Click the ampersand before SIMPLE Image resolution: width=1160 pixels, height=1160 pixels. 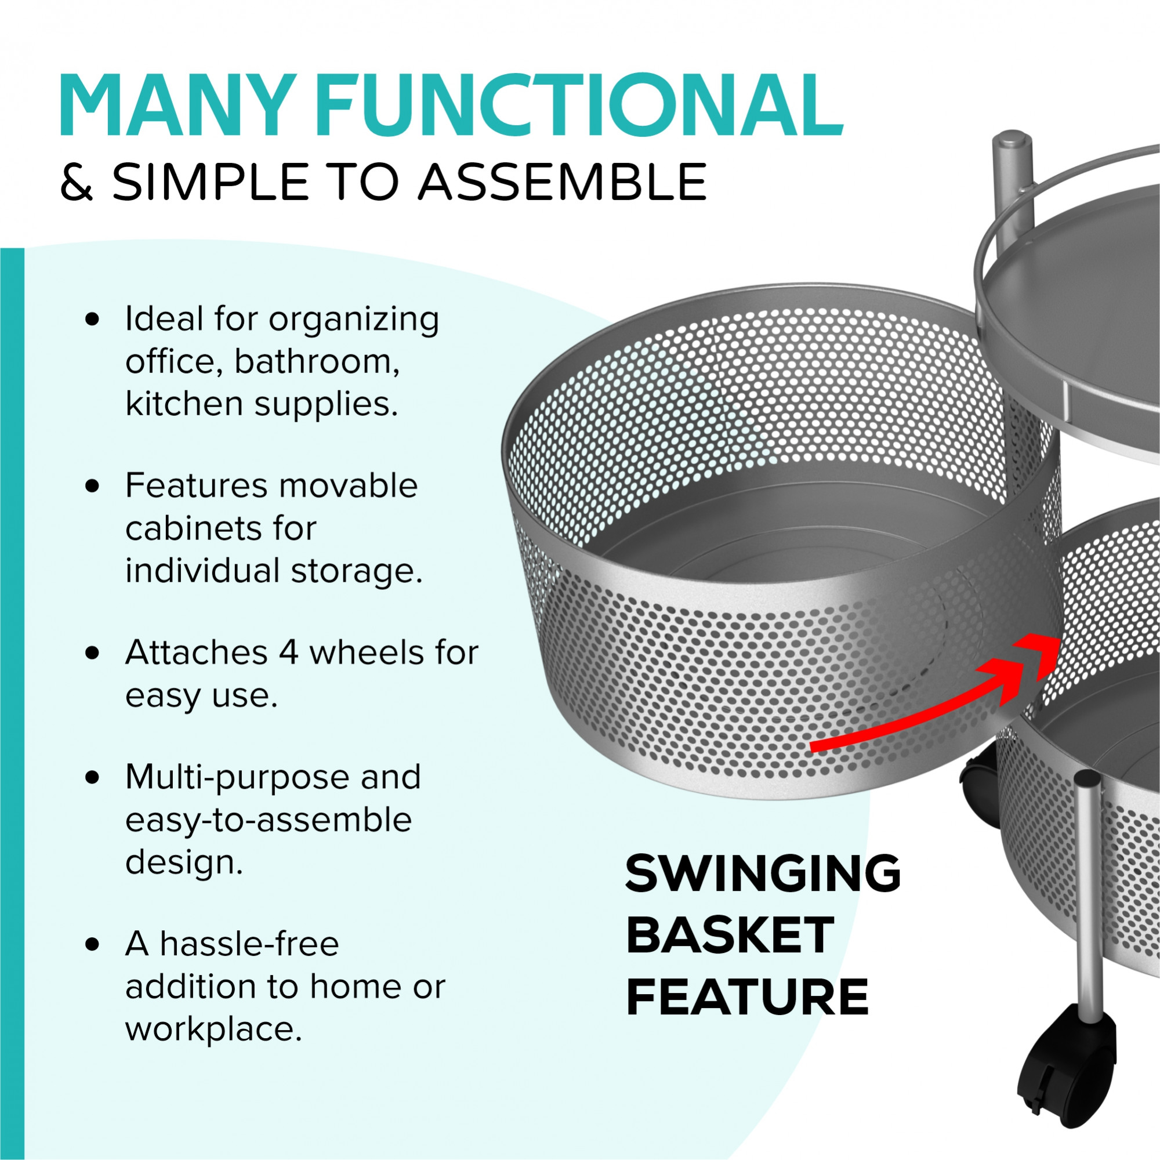[77, 182]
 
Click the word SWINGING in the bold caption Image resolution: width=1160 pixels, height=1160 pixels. [763, 873]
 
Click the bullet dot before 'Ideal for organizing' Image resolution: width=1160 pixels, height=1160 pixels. [92, 320]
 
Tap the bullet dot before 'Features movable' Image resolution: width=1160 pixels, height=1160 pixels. [92, 487]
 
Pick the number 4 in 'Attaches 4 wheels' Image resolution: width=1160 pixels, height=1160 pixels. [288, 652]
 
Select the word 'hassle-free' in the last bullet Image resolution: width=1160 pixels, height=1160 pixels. [249, 943]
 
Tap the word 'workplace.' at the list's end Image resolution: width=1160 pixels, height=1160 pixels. [214, 1030]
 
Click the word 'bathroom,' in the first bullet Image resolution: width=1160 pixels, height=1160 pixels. [317, 361]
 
